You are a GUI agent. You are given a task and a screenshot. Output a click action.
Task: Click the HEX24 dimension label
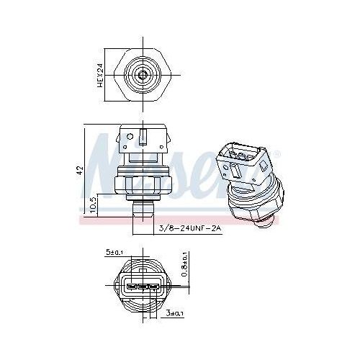(x=102, y=74)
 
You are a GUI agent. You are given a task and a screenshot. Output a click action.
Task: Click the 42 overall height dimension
(x=81, y=169)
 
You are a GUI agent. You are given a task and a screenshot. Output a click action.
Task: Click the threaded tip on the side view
(x=143, y=210)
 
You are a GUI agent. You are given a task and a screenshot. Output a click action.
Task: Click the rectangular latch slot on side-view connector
(x=144, y=137)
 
